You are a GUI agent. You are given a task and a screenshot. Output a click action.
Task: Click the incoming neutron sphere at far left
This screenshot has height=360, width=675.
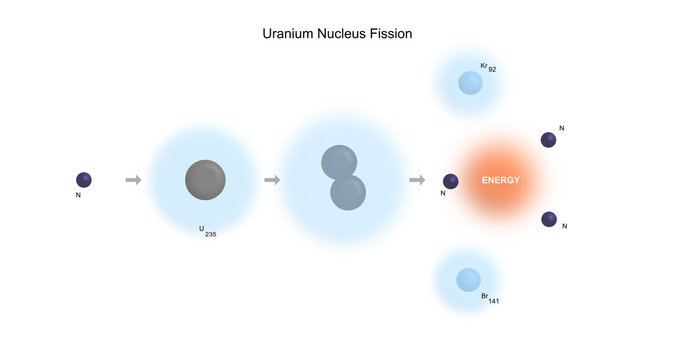point(84,179)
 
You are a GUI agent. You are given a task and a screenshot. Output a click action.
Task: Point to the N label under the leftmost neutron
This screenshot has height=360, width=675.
point(78,195)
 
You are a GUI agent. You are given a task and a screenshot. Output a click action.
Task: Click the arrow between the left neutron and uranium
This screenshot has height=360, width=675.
point(133,180)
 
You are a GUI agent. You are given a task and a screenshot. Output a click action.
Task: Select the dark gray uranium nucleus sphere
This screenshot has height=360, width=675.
point(205,180)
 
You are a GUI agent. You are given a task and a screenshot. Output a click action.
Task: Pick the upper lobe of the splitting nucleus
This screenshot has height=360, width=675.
point(338,162)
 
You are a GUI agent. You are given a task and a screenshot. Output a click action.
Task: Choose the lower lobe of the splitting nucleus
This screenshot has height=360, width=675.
point(348,192)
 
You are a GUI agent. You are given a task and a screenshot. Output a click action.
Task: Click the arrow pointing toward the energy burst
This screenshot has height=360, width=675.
point(417,180)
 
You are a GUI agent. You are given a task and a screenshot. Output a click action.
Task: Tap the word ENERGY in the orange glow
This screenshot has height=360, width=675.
point(500,181)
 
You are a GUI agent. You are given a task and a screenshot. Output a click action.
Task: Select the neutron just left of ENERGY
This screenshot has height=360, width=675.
point(451,181)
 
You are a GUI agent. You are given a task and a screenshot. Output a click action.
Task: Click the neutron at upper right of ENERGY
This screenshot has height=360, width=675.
point(548,140)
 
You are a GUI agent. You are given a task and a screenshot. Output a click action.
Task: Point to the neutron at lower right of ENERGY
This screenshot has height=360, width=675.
point(548,219)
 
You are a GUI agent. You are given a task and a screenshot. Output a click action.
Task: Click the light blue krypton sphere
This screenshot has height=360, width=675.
point(470,83)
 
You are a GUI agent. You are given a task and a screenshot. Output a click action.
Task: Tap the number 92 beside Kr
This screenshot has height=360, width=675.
point(493,70)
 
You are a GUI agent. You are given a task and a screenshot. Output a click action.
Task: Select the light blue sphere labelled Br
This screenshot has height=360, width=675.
point(468,280)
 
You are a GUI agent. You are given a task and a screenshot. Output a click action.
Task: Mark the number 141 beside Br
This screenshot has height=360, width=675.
point(494,301)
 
